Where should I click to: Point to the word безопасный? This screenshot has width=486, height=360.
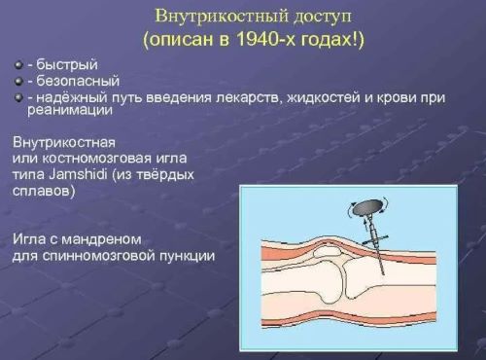pos(69,82)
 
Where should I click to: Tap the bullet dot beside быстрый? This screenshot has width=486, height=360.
pos(18,65)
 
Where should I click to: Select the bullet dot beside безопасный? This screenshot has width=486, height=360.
pos(18,82)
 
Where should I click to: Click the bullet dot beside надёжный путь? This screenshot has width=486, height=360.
pos(18,98)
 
